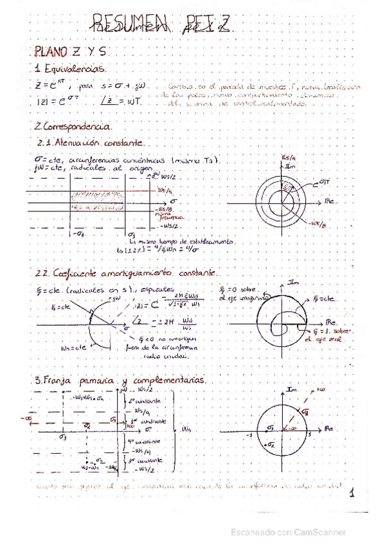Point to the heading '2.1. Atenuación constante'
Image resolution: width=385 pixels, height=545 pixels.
coord(91,143)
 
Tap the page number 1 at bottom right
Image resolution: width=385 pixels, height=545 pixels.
coord(352,494)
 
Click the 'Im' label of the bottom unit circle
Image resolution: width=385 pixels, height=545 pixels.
coord(292,389)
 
